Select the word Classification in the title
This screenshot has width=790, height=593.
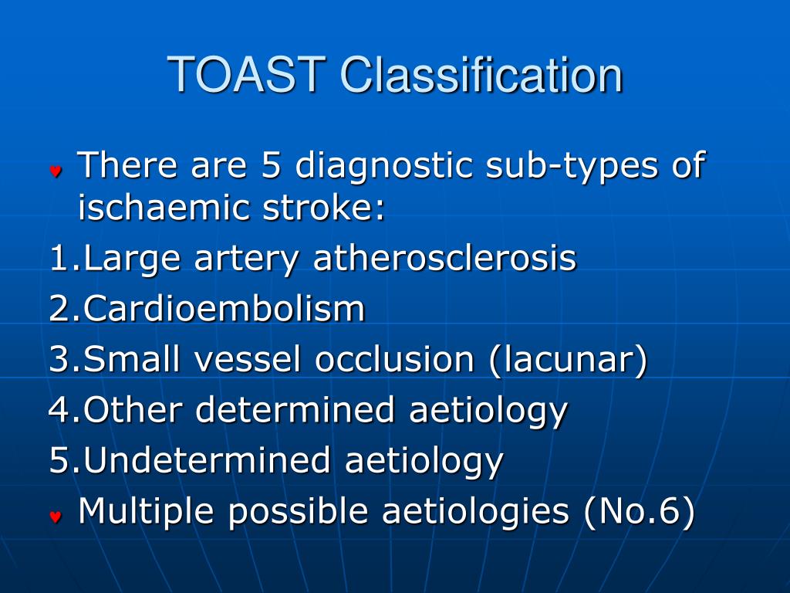[481, 75]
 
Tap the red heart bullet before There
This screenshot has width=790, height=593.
[56, 171]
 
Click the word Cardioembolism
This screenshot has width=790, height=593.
[224, 309]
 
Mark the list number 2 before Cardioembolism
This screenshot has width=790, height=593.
[59, 309]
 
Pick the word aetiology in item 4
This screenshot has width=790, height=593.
[488, 411]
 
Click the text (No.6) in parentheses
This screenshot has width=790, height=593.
[640, 512]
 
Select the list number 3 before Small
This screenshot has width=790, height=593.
[59, 359]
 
